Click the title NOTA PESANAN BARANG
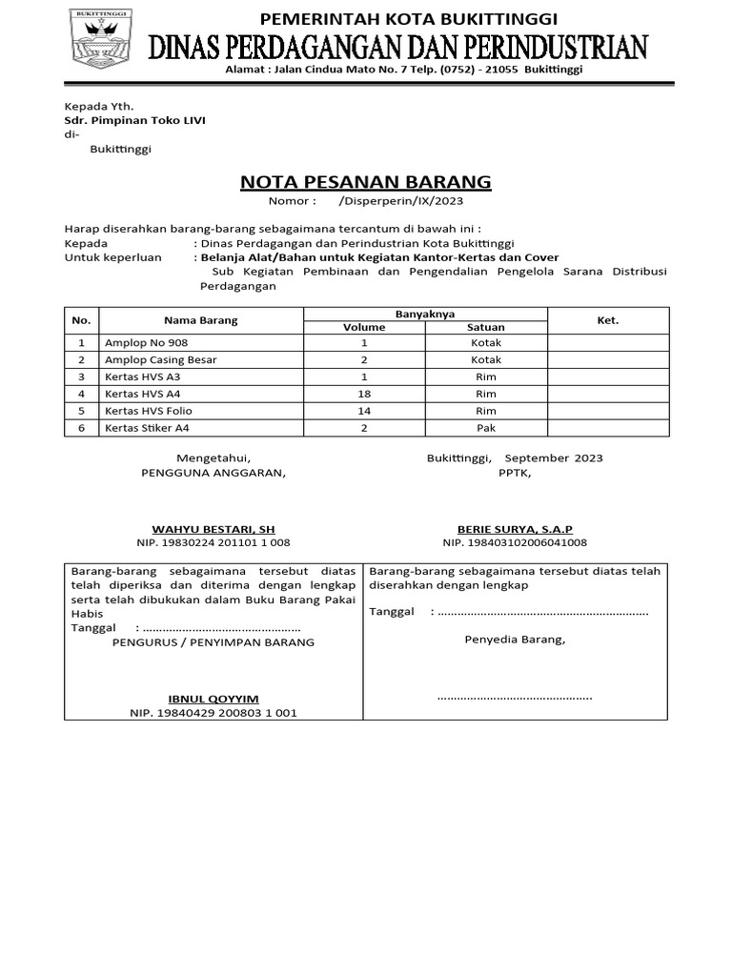click(366, 181)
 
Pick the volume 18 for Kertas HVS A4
click(363, 394)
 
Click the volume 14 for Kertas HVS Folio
click(363, 411)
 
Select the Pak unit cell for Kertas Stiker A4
click(486, 428)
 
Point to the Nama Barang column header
click(200, 320)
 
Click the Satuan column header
click(486, 327)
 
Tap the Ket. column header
click(607, 320)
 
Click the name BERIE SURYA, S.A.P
click(515, 528)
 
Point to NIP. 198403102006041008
click(515, 542)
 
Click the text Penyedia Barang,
click(515, 640)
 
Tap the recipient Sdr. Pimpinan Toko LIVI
click(134, 120)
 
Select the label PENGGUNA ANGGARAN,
click(213, 472)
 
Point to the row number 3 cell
click(82, 376)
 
